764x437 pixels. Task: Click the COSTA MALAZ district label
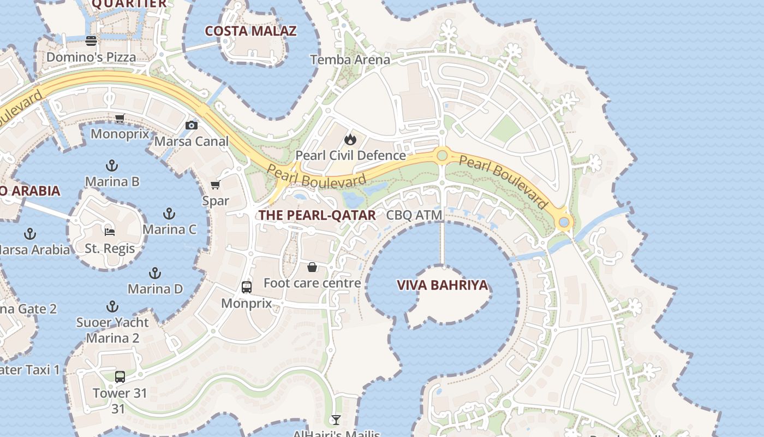point(250,31)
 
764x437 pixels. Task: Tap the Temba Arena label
point(350,60)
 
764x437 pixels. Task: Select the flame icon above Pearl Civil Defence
point(350,139)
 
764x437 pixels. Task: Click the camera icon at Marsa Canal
point(191,126)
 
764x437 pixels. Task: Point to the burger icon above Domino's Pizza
point(91,41)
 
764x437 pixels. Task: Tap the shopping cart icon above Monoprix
point(120,118)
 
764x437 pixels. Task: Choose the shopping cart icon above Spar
point(216,185)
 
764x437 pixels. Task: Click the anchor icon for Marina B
point(112,165)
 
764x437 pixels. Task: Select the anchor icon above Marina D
point(156,273)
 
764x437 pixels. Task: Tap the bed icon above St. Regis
point(110,231)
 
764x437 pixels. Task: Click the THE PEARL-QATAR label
point(317,215)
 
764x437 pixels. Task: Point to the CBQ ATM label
point(414,215)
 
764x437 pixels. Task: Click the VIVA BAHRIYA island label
point(442,285)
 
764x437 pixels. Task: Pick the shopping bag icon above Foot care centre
point(312,267)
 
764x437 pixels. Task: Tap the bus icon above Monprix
point(247,287)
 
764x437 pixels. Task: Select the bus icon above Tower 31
point(120,376)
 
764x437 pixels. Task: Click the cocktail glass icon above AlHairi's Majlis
point(336,420)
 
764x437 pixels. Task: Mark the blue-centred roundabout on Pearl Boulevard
point(564,222)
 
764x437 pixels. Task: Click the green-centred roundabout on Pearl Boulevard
point(442,156)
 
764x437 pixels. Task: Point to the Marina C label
point(169,229)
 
